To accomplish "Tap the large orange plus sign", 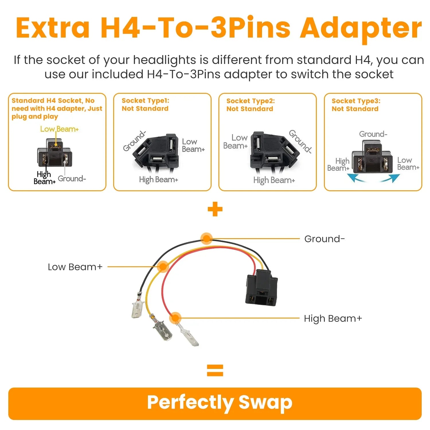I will pyautogui.click(x=215, y=209).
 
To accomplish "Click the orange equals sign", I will pyautogui.click(x=215, y=370).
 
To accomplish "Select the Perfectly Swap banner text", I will pyautogui.click(x=220, y=402).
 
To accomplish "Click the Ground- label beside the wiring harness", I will pyautogui.click(x=325, y=239).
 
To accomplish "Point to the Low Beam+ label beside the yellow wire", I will pyautogui.click(x=75, y=267).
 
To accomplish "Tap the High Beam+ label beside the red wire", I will pyautogui.click(x=333, y=318).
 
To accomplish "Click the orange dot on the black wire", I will pyautogui.click(x=206, y=238).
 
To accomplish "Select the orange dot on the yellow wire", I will pyautogui.click(x=163, y=267).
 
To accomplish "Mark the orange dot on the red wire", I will pyautogui.click(x=175, y=318).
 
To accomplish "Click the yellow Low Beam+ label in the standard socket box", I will pyautogui.click(x=59, y=129).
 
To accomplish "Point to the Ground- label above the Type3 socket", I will pyautogui.click(x=373, y=134).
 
